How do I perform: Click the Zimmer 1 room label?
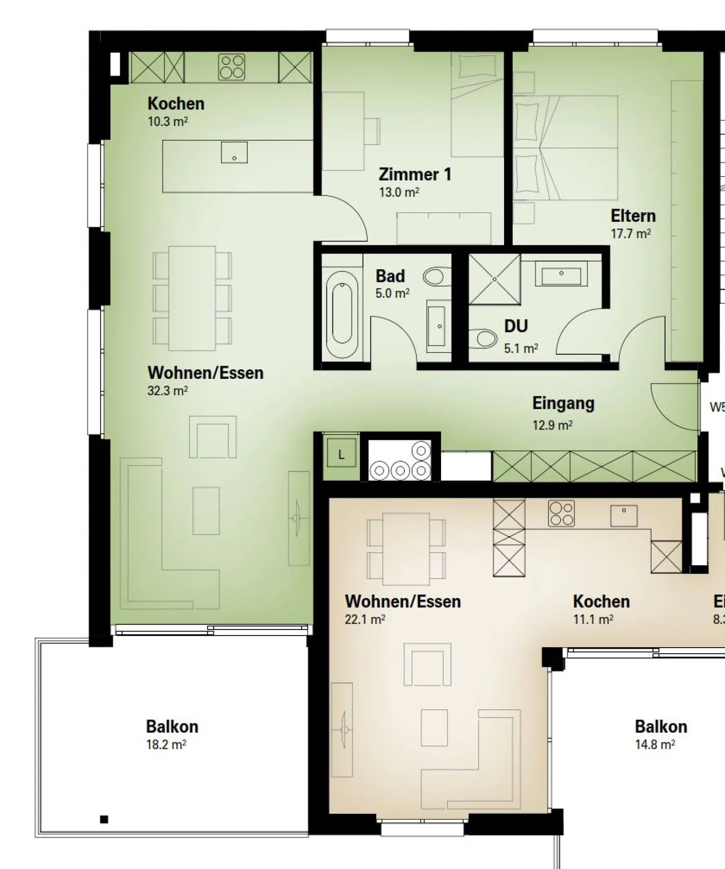[x=415, y=175]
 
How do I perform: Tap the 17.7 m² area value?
[x=630, y=234]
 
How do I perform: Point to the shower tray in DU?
[x=494, y=279]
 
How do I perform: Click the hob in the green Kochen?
[x=232, y=67]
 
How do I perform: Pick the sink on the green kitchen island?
[x=234, y=152]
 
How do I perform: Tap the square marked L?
[x=341, y=454]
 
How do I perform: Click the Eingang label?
[x=563, y=404]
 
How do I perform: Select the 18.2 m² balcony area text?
[x=166, y=745]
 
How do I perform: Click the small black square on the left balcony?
[x=104, y=819]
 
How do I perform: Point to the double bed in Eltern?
[x=566, y=147]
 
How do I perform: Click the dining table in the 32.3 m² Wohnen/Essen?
[x=192, y=298]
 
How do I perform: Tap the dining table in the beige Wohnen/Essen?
[x=406, y=548]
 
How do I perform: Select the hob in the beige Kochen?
[x=561, y=513]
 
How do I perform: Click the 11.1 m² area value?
[x=593, y=619]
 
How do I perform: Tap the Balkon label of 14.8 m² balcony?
[x=661, y=727]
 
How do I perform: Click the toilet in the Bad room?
[x=434, y=276]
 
